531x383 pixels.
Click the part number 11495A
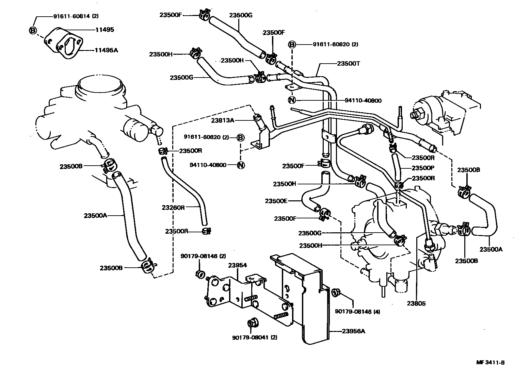(106, 50)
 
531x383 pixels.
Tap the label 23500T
(349, 64)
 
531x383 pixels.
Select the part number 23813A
(223, 120)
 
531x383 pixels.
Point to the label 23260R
(173, 207)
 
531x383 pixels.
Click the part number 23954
(238, 265)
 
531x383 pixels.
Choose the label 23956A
(353, 331)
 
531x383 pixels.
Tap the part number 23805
(416, 303)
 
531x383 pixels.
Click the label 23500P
(423, 168)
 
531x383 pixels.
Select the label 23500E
(276, 201)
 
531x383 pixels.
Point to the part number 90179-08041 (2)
(255, 337)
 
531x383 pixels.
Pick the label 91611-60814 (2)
(76, 16)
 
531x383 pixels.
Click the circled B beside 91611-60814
(33, 30)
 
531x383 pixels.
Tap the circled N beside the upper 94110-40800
(292, 100)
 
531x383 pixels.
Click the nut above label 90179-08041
(253, 323)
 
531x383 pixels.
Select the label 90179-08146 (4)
(357, 312)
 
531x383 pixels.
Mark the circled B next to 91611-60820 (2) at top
(292, 44)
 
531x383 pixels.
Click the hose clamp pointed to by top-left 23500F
(204, 15)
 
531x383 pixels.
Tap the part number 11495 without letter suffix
(105, 30)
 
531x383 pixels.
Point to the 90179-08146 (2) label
(203, 256)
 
